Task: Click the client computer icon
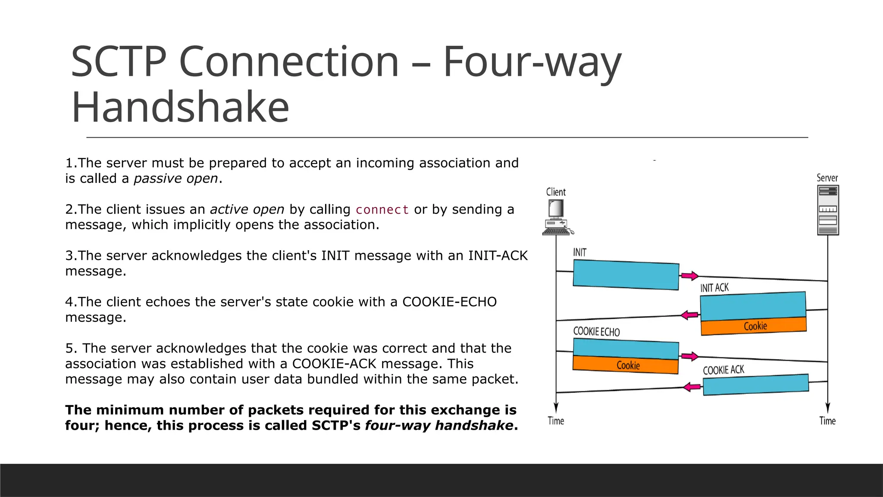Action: [x=557, y=217]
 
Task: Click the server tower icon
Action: [x=827, y=210]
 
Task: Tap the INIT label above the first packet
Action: [x=579, y=252]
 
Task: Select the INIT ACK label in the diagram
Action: [x=714, y=288]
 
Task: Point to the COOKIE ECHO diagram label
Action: [x=596, y=331]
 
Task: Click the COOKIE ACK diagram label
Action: [x=723, y=370]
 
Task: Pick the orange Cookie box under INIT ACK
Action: [x=754, y=326]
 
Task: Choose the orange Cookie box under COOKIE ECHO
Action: [x=626, y=365]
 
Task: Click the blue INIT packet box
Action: [x=626, y=275]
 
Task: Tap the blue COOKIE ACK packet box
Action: [x=755, y=384]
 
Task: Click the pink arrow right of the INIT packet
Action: [x=689, y=276]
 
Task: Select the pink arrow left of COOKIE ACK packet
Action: [x=692, y=387]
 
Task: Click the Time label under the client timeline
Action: [x=556, y=421]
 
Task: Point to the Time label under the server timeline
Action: [x=827, y=421]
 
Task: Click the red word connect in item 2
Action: [x=382, y=210]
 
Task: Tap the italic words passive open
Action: [x=176, y=179]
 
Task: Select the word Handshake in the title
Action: [x=180, y=107]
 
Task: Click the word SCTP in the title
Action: [x=119, y=62]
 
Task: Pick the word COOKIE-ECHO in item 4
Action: [x=449, y=302]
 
